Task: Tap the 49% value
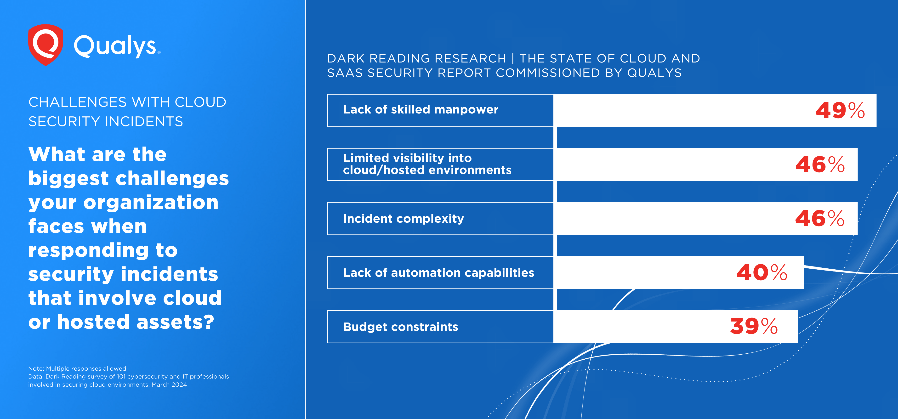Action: point(840,111)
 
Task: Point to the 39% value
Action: point(753,326)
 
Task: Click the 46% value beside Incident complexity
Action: point(819,219)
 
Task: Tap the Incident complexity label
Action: point(403,219)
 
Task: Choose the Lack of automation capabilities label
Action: point(438,273)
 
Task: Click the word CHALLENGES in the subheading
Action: point(77,102)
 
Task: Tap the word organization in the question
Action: point(151,203)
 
